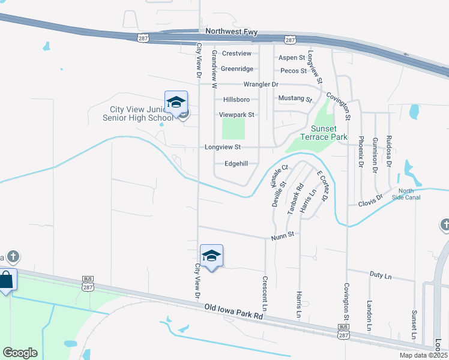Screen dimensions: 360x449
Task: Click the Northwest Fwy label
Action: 232,31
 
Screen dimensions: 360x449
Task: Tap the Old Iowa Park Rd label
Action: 234,310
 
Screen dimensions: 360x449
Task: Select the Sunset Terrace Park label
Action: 328,133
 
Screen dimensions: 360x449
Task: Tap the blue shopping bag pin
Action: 6,281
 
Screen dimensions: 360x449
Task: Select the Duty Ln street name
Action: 380,276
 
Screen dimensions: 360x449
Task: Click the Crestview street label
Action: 235,53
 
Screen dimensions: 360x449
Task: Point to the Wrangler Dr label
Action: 261,85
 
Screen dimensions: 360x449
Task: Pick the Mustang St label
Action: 295,98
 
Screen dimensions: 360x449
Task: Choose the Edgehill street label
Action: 236,163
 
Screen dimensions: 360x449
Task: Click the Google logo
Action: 20,353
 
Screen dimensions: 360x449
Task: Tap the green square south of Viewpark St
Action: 234,128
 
